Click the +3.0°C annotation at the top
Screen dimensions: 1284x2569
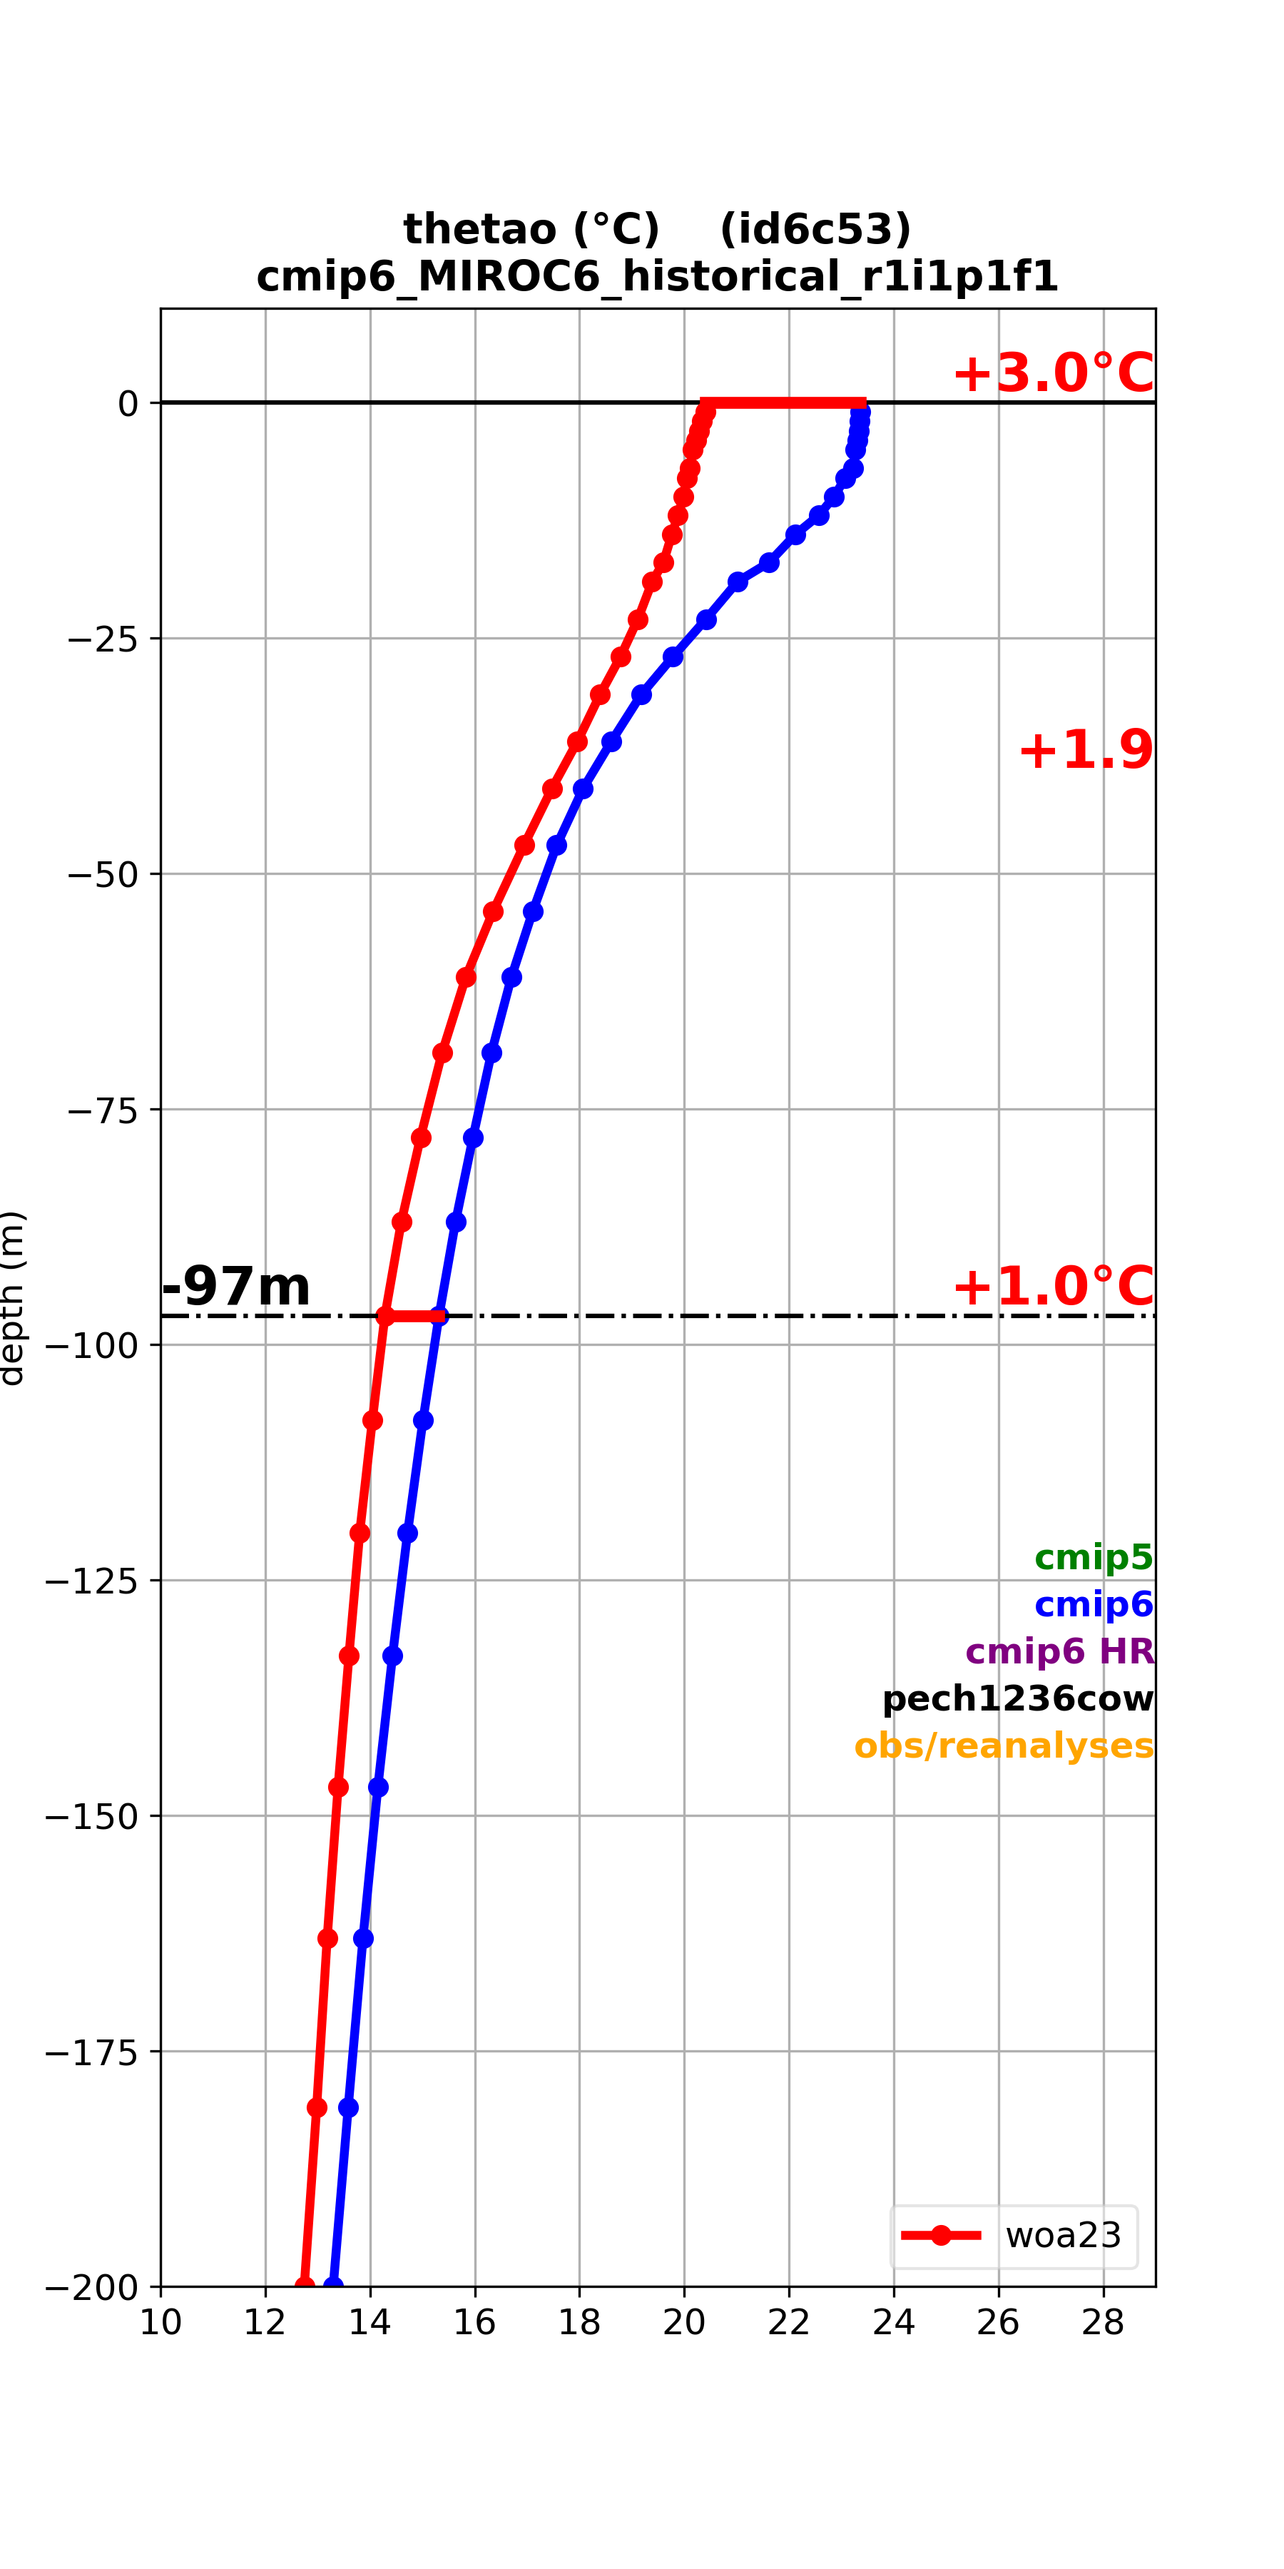click(1053, 374)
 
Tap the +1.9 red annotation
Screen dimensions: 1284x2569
click(1086, 750)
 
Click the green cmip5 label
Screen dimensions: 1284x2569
click(1094, 1557)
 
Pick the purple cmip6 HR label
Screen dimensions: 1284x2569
click(1060, 1651)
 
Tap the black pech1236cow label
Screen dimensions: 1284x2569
click(1018, 1698)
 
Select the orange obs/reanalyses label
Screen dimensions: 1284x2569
click(1004, 1745)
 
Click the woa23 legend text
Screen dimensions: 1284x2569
click(1063, 2235)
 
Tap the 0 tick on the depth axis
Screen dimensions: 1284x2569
click(128, 404)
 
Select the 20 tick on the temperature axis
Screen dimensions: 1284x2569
click(684, 2323)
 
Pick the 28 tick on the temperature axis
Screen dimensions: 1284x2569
click(1103, 2323)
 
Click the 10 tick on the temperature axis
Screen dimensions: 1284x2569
click(160, 2323)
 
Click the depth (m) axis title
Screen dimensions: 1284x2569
click(12, 1297)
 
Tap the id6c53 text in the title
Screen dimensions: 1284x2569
click(815, 229)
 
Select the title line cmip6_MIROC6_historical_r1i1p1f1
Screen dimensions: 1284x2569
click(657, 276)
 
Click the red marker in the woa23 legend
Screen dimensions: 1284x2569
click(940, 2235)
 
